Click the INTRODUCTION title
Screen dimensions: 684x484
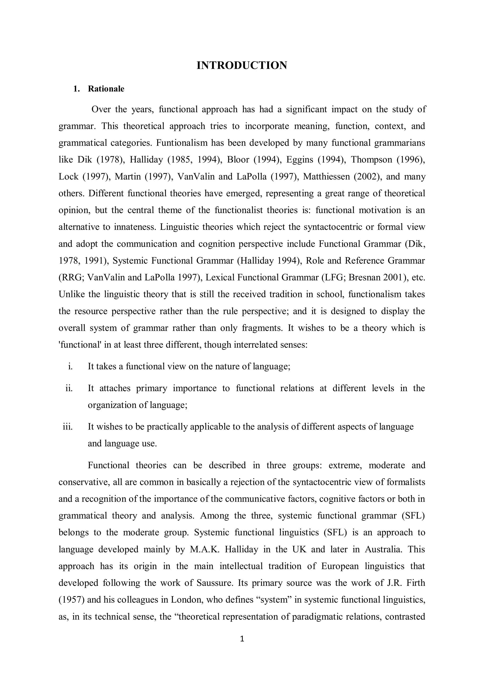242,65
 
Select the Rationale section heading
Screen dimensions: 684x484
106,89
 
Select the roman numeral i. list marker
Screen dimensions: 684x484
70,366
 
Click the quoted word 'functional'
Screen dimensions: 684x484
80,345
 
